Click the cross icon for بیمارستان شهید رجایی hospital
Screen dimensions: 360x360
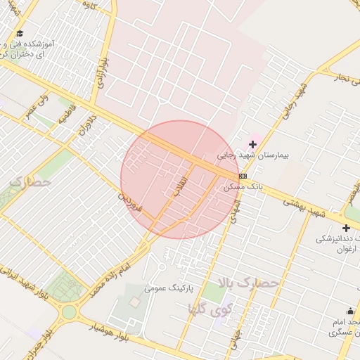pyautogui.click(x=252, y=144)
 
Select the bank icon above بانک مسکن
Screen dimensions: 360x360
pyautogui.click(x=243, y=176)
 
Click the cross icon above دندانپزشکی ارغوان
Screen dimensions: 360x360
pyautogui.click(x=346, y=228)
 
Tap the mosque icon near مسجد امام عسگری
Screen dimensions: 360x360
pyautogui.click(x=350, y=311)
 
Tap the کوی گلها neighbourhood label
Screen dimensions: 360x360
pyautogui.click(x=211, y=307)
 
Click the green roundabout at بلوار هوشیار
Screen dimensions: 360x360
pyautogui.click(x=69, y=311)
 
